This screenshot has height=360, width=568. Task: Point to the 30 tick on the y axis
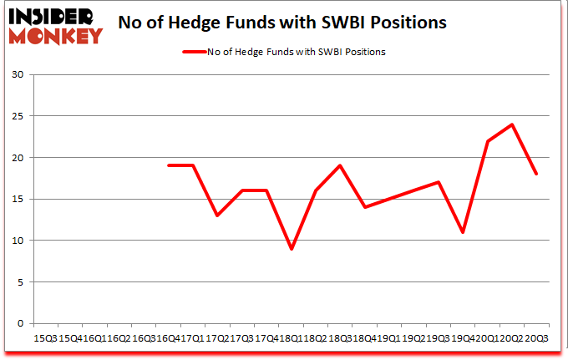19,75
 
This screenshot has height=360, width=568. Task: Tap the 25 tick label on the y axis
19,117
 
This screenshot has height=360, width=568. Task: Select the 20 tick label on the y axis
19,158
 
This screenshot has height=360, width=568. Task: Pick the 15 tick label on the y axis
19,200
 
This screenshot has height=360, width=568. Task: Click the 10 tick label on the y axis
19,241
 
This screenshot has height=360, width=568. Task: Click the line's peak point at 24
511,124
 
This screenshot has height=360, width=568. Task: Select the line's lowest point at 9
291,249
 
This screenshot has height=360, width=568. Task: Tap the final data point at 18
536,175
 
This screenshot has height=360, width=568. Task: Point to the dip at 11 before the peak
463,232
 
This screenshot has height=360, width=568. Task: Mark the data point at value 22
487,141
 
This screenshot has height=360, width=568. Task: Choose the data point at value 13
217,215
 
